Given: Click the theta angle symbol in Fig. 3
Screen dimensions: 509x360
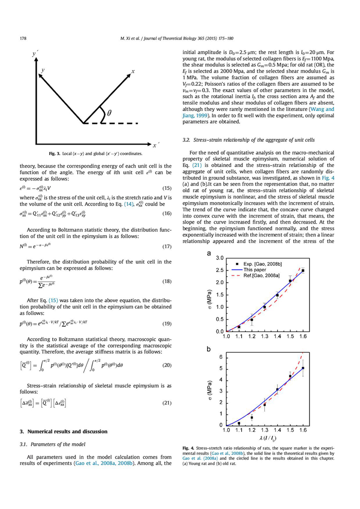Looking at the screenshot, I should [109, 114].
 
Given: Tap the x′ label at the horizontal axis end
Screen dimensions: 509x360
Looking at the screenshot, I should [157, 146].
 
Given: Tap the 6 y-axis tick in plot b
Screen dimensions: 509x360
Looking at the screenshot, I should [222, 357].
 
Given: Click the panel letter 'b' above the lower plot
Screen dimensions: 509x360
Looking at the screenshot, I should [208, 349].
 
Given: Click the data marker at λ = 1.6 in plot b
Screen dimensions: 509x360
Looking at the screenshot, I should [303, 368].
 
